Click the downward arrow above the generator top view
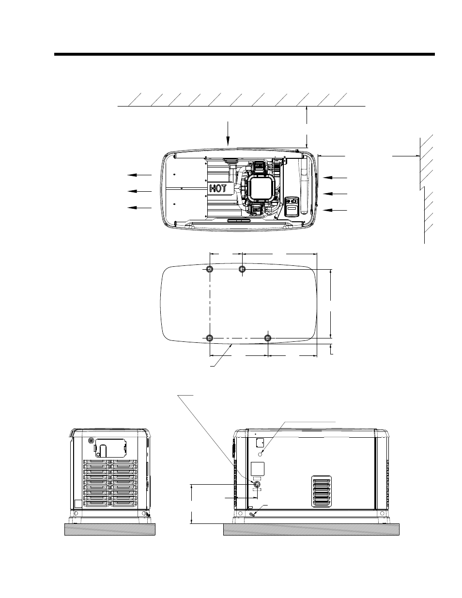click(x=228, y=133)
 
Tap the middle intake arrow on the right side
click(x=335, y=194)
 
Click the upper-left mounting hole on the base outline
click(x=209, y=269)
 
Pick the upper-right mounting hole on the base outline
click(x=243, y=269)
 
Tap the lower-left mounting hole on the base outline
click(x=209, y=337)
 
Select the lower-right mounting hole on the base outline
click(x=268, y=337)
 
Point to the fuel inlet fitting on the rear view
click(x=257, y=484)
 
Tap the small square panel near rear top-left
click(x=259, y=442)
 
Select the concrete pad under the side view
click(x=109, y=529)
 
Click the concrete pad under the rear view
click(x=311, y=529)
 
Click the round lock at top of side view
click(x=91, y=441)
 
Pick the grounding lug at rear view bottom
click(x=253, y=514)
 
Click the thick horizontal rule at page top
click(x=245, y=54)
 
